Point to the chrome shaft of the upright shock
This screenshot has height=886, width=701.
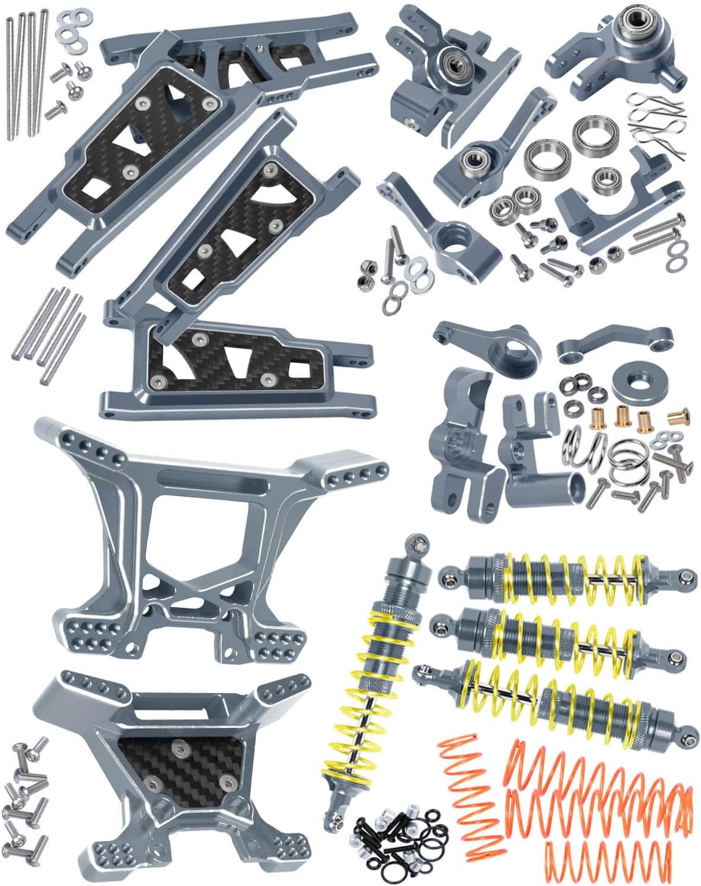coord(357,746)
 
